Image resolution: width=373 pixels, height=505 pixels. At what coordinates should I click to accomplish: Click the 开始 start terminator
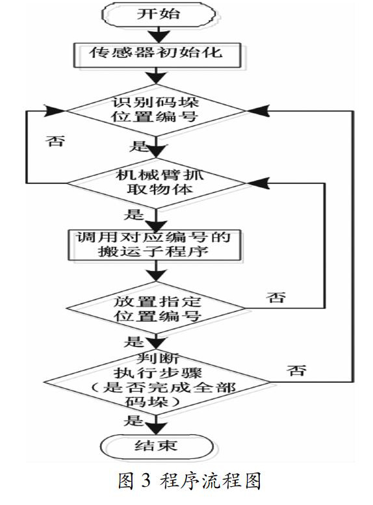coord(158,14)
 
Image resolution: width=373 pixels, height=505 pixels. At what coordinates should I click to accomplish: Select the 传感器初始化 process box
coord(157,55)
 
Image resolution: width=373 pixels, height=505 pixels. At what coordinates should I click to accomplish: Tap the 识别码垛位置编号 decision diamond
coord(156,110)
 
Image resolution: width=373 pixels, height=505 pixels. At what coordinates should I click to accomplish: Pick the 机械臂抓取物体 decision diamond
coord(157,183)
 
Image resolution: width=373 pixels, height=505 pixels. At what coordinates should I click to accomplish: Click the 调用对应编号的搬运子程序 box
coord(155,245)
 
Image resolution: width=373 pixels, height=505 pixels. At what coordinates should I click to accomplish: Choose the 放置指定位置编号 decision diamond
coord(156,308)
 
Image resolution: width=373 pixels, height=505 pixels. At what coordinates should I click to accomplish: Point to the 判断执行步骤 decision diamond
coord(157,382)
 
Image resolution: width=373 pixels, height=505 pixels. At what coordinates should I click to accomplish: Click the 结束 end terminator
coord(157,446)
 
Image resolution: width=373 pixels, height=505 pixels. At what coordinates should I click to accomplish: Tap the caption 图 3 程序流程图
coord(189,482)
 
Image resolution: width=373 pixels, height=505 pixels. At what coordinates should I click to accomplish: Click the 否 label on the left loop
coord(55,141)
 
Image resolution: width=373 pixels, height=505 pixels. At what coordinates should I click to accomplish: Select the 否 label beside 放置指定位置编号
coord(276,297)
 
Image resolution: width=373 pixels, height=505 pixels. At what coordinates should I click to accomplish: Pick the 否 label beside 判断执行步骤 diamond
coord(296,370)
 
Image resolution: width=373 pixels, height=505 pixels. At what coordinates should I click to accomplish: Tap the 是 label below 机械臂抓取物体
coord(133,214)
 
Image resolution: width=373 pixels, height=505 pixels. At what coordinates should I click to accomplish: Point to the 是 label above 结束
coord(133,421)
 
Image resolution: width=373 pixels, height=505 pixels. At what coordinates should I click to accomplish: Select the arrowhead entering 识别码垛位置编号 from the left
coord(55,110)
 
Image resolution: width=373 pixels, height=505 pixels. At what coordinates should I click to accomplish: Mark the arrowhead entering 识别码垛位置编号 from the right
coord(258,110)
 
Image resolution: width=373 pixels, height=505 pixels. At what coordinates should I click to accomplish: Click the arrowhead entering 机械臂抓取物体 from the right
coord(258,183)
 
